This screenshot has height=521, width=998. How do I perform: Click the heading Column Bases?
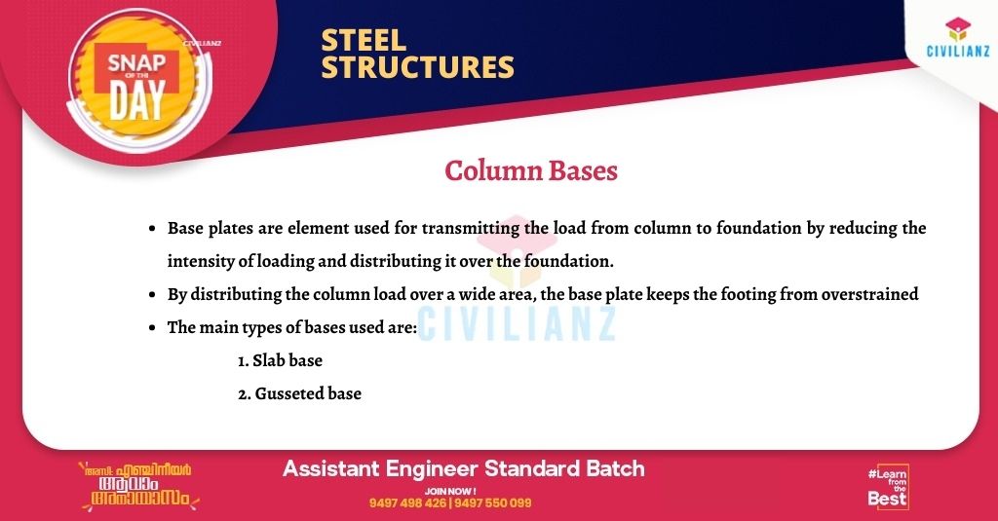pos(531,170)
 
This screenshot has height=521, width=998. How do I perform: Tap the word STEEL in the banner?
pos(364,41)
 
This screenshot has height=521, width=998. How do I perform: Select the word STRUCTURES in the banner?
pos(417,67)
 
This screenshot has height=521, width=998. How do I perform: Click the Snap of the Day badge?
pos(139,82)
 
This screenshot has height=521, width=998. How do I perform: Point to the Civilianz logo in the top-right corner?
pos(958,38)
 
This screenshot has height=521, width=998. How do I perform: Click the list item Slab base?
pos(280,360)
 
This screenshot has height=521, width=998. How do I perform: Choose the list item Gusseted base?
pos(300,393)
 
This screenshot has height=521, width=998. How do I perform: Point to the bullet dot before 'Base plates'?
pos(152,229)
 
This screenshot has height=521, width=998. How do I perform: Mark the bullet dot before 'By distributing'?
pos(152,295)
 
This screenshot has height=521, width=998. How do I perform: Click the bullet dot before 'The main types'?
pos(152,328)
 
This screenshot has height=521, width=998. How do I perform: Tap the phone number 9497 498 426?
pos(407,503)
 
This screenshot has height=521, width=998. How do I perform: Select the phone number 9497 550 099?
pos(493,503)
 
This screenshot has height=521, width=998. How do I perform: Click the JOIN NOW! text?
pos(450,491)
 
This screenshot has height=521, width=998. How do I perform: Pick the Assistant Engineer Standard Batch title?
pos(463,468)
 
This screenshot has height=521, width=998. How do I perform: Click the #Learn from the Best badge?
pos(888,487)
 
